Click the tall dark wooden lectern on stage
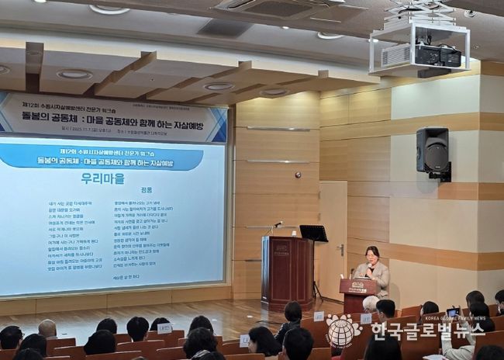pos(287,272)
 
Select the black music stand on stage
pos(313,234)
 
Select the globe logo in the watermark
pos(343,332)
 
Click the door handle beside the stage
pos(340,249)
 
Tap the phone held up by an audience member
pos(452,312)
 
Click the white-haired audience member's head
pos(371,303)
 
